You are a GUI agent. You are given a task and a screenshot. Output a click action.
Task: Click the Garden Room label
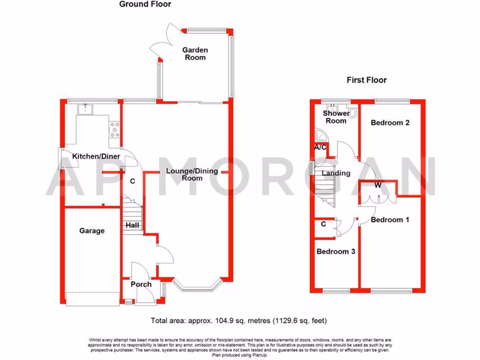click(x=195, y=54)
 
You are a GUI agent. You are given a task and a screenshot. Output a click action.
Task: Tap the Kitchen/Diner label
click(x=96, y=157)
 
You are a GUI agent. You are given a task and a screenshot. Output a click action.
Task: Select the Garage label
click(x=92, y=231)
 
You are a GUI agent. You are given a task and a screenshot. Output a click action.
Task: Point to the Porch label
click(x=141, y=284)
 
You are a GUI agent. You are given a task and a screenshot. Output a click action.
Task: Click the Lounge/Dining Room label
click(x=192, y=174)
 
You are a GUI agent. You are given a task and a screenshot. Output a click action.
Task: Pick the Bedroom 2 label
click(x=390, y=123)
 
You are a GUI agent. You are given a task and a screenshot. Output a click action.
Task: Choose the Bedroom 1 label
click(x=387, y=219)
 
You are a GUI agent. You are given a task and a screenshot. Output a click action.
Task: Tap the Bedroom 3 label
click(x=336, y=251)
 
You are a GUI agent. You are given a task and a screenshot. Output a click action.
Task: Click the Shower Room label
click(x=336, y=117)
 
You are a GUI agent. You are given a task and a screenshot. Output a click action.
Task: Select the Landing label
click(x=336, y=173)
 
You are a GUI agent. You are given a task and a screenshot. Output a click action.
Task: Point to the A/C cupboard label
click(x=320, y=148)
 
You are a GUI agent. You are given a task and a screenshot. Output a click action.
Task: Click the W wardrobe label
click(x=377, y=186)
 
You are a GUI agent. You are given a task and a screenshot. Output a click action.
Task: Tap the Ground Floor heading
click(x=145, y=4)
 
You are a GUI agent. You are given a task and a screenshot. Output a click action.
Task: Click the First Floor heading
click(x=367, y=80)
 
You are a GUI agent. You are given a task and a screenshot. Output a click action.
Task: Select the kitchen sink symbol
click(x=85, y=110)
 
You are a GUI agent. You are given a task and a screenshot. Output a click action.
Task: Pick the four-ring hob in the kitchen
click(x=114, y=130)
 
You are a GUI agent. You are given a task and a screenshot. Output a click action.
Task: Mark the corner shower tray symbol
click(x=321, y=135)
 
